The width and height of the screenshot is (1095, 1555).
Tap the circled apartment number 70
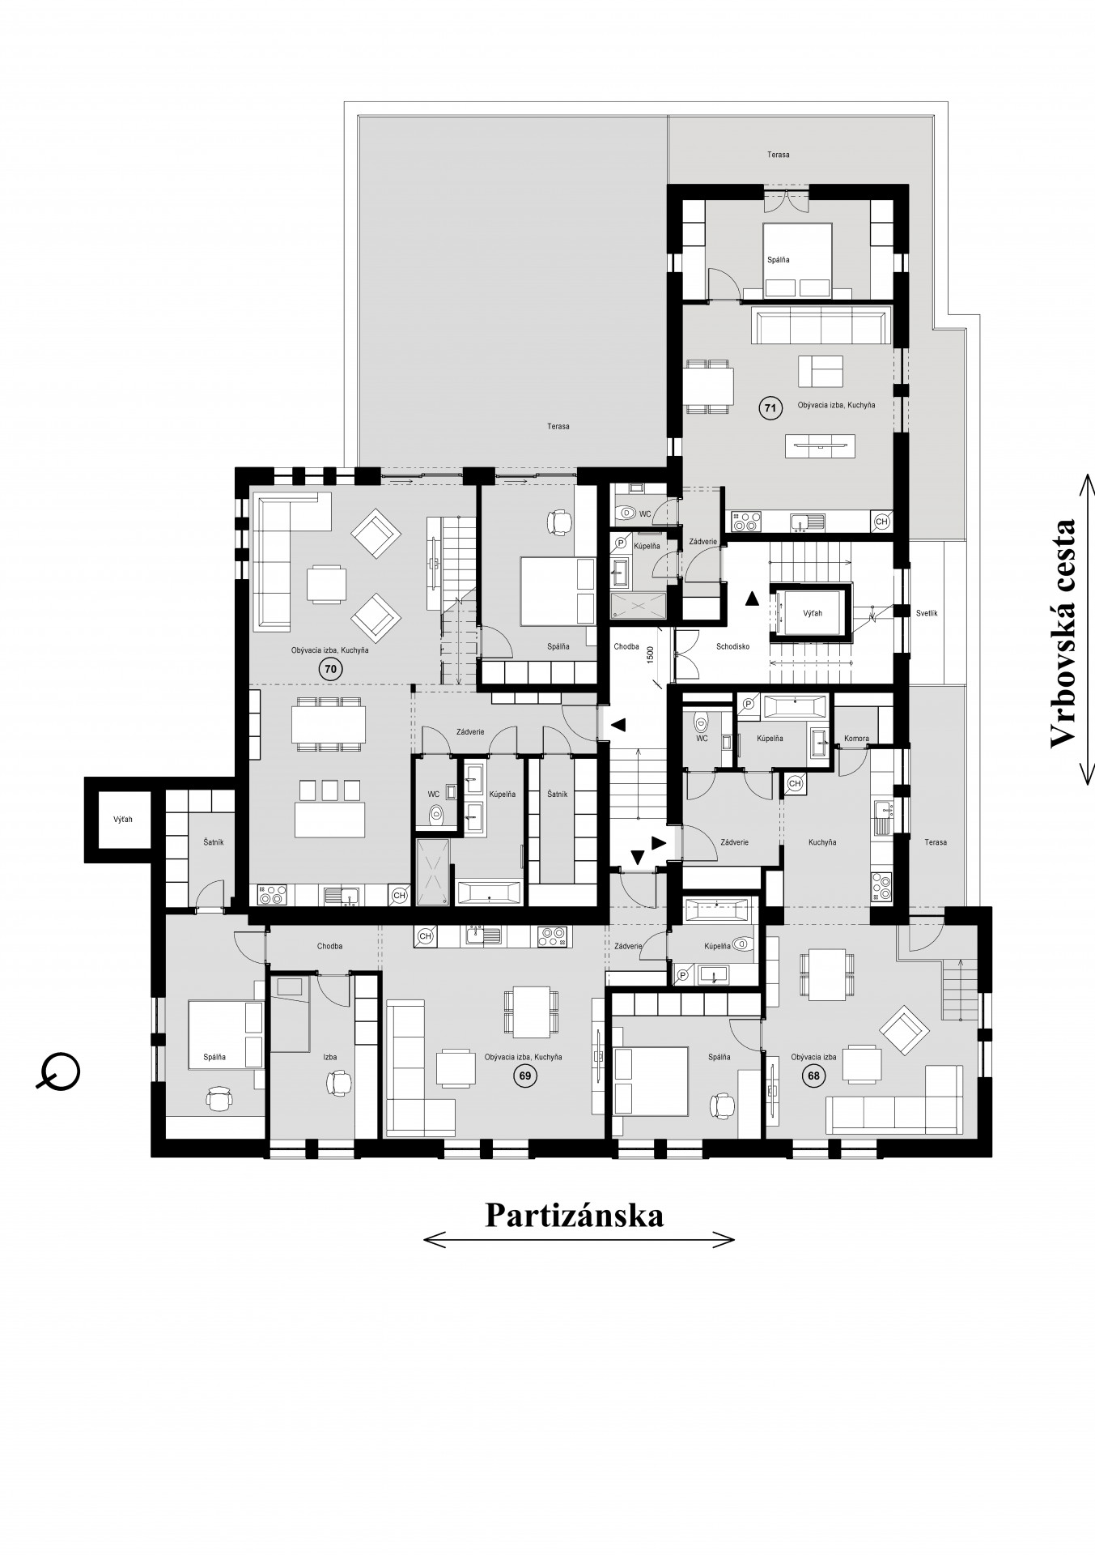point(330,669)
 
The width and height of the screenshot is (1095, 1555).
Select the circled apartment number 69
point(524,1076)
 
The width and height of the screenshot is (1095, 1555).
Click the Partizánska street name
point(575,1215)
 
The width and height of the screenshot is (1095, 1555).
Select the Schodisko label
point(733,646)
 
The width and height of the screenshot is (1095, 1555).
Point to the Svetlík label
point(927,613)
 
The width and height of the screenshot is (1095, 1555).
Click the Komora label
point(856,739)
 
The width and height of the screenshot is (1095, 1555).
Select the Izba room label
point(329,1057)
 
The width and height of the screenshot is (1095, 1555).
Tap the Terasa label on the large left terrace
point(558,426)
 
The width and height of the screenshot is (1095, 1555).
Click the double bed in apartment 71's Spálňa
point(797,260)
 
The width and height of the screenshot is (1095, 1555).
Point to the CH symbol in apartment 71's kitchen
point(881,522)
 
